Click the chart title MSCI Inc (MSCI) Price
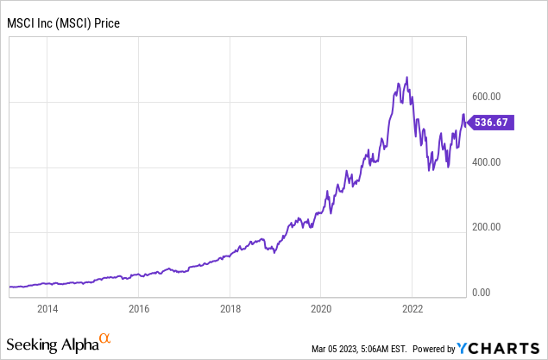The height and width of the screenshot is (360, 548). coord(64,22)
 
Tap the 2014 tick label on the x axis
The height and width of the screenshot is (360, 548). coord(47,308)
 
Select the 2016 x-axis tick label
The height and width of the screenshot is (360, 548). coord(139,308)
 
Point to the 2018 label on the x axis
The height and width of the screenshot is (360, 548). coord(230,308)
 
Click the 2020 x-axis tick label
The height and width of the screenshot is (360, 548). coord(321,308)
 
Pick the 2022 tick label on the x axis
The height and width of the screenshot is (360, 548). coord(412,308)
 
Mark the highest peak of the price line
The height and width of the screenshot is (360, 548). coord(406,78)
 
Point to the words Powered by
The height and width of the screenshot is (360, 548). coord(434,349)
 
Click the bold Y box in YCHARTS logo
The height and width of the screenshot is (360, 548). coord(465,348)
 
